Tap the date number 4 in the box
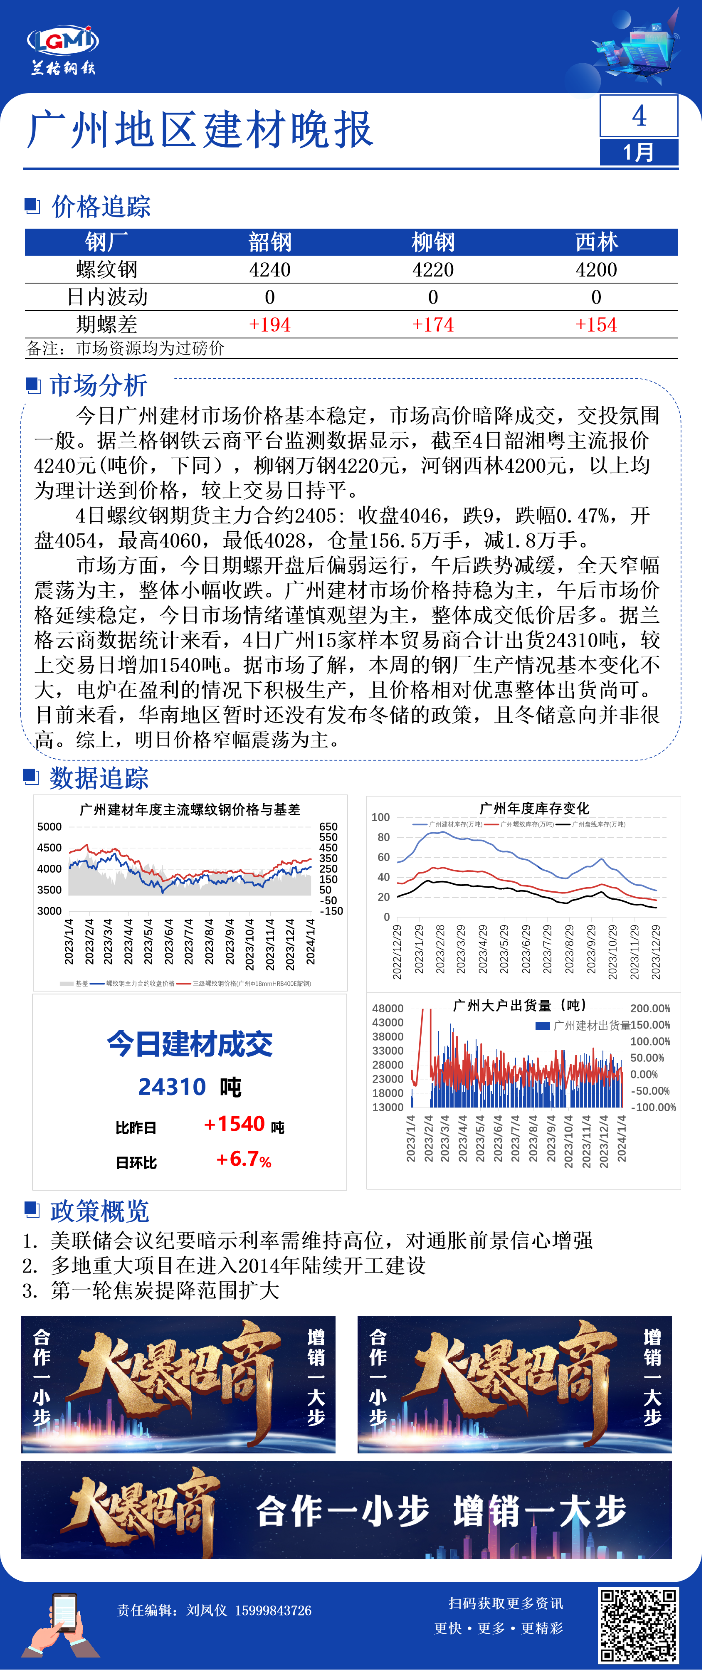[639, 116]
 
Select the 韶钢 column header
[270, 242]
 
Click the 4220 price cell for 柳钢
[432, 270]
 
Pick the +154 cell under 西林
[596, 325]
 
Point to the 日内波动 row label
[107, 297]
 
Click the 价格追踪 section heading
[101, 207]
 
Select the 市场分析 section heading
[99, 385]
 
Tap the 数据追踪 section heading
[99, 778]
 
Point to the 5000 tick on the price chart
[49, 826]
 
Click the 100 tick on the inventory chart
[381, 817]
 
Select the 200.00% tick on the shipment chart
[650, 1009]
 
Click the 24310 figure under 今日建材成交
[172, 1087]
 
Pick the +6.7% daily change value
[244, 1159]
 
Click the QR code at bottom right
[637, 1625]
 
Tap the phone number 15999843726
[273, 1611]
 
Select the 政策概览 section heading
[99, 1210]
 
